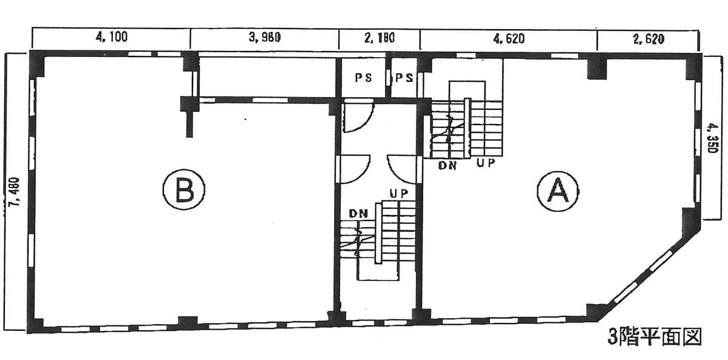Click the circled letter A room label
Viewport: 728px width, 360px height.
click(x=557, y=191)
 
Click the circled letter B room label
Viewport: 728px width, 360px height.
click(x=184, y=189)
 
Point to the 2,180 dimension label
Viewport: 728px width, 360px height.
click(x=379, y=38)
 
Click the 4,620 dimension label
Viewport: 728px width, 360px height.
click(x=509, y=39)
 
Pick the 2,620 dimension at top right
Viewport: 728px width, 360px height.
click(x=648, y=39)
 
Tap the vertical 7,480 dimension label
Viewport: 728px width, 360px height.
click(x=15, y=191)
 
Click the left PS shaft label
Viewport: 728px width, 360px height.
click(x=364, y=78)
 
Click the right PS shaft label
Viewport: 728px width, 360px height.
click(x=404, y=78)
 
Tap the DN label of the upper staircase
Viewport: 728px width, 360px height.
click(x=447, y=165)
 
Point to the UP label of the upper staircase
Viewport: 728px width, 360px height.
click(x=486, y=163)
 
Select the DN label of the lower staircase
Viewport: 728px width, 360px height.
click(x=358, y=213)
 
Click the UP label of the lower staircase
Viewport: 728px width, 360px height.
click(x=398, y=194)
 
